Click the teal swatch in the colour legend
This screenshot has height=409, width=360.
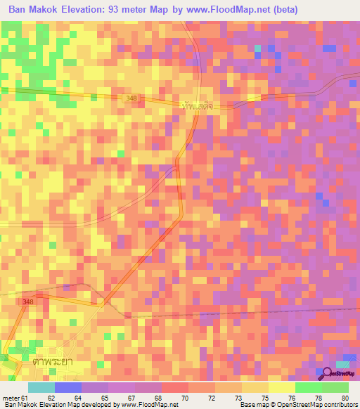tap(41, 388)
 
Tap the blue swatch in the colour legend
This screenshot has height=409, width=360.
tap(68, 388)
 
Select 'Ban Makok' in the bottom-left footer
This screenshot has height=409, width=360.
tap(20, 405)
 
